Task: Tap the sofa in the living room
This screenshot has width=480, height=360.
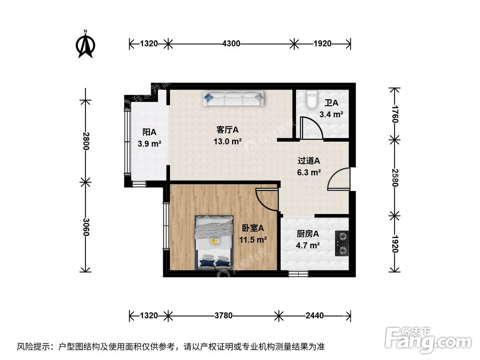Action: (234, 99)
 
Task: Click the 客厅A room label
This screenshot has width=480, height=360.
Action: (228, 130)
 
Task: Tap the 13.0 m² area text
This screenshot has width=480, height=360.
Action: (228, 141)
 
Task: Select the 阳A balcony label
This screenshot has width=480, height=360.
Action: (149, 132)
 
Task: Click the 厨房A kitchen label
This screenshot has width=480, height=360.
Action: (308, 234)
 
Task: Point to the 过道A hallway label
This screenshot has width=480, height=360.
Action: (309, 161)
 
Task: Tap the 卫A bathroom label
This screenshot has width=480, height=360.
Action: (331, 103)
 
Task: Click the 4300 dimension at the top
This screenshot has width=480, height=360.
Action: (231, 44)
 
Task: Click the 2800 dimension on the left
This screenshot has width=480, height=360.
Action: (85, 142)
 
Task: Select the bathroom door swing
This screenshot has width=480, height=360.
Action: (309, 128)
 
